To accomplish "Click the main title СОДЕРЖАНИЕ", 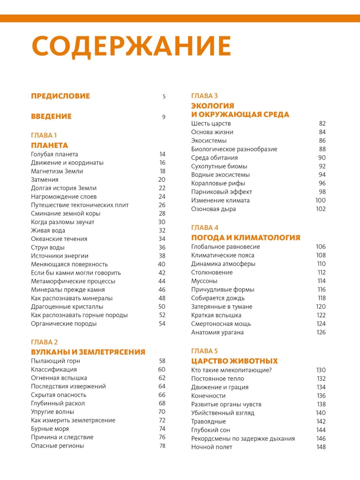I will pyautogui.click(x=131, y=46).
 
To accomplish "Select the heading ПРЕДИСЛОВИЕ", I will pyautogui.click(x=60, y=96).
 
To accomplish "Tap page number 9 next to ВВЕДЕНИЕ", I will pyautogui.click(x=163, y=117).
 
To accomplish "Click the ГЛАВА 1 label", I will pyautogui.click(x=44, y=135).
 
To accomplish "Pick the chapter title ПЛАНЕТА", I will pyautogui.click(x=49, y=145).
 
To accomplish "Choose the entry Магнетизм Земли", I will pyautogui.click(x=57, y=171).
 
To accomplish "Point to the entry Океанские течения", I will pyautogui.click(x=59, y=239).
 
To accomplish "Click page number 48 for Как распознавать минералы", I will pyautogui.click(x=162, y=298).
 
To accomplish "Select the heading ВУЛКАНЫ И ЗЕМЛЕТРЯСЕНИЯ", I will pyautogui.click(x=88, y=352).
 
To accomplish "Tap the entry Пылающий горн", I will pyautogui.click(x=55, y=361).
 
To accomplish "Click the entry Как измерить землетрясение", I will pyautogui.click(x=73, y=420).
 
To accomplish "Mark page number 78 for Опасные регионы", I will pyautogui.click(x=162, y=446).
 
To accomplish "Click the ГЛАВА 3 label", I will pyautogui.click(x=204, y=96).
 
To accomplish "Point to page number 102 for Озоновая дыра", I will pyautogui.click(x=321, y=209).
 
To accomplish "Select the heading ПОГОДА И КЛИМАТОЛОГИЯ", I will pyautogui.click(x=246, y=237).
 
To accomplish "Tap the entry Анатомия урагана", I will pyautogui.click(x=217, y=332).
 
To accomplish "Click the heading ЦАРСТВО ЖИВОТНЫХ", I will pyautogui.click(x=234, y=361).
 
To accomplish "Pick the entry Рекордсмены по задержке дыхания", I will pyautogui.click(x=243, y=439).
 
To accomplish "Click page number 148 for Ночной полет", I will pyautogui.click(x=321, y=447).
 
